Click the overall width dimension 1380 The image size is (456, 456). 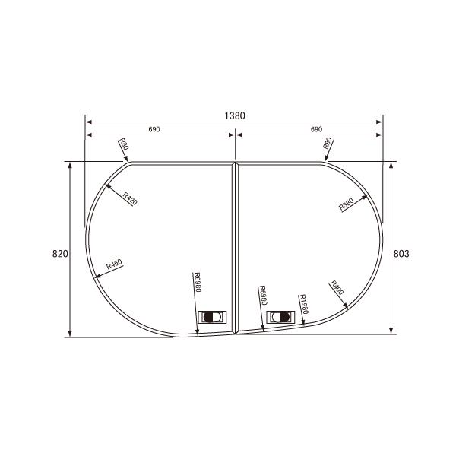pyautogui.click(x=234, y=116)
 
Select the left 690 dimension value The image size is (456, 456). pyautogui.click(x=154, y=129)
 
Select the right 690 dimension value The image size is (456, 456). pyautogui.click(x=316, y=129)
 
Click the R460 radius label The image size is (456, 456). pyautogui.click(x=115, y=265)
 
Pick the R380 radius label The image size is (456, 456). pyautogui.click(x=347, y=204)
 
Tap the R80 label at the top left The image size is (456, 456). pyautogui.click(x=124, y=144)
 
